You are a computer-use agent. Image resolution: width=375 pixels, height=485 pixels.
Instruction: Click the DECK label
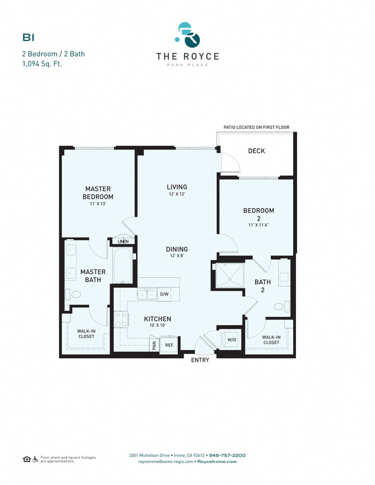(x=256, y=151)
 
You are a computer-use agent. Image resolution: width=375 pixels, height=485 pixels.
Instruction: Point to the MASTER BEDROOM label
(x=97, y=193)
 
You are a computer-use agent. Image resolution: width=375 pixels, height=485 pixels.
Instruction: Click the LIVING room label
(x=177, y=187)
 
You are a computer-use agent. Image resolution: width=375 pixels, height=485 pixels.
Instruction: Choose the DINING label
(x=177, y=249)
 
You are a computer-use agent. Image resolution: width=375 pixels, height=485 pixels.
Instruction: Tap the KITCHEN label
(x=157, y=319)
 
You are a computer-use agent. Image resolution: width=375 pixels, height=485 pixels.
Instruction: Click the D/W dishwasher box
(x=164, y=294)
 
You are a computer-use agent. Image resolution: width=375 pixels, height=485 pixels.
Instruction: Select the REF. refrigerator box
(x=170, y=345)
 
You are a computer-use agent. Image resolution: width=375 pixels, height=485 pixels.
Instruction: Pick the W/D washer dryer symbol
(x=231, y=339)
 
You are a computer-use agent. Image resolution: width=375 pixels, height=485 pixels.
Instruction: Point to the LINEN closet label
(x=123, y=242)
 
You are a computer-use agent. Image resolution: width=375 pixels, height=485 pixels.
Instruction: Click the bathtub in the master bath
(x=123, y=266)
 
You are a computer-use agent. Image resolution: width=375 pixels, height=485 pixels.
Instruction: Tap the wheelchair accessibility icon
(x=36, y=459)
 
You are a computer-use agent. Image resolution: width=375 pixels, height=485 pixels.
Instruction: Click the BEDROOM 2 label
(x=258, y=215)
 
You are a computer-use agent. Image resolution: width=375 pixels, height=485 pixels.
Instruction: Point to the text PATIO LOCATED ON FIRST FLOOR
(x=256, y=127)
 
